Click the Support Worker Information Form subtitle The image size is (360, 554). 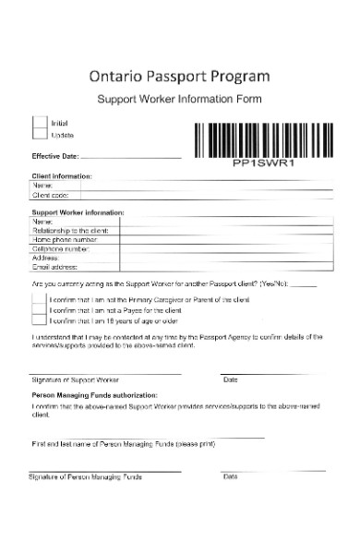[x=180, y=99]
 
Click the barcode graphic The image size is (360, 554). [x=264, y=141]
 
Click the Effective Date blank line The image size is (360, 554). [x=131, y=157]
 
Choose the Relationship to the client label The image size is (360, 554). [x=70, y=231]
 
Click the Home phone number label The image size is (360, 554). [x=66, y=240]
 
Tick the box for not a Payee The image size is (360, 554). [x=40, y=312]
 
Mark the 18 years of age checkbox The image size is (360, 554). [x=40, y=322]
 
